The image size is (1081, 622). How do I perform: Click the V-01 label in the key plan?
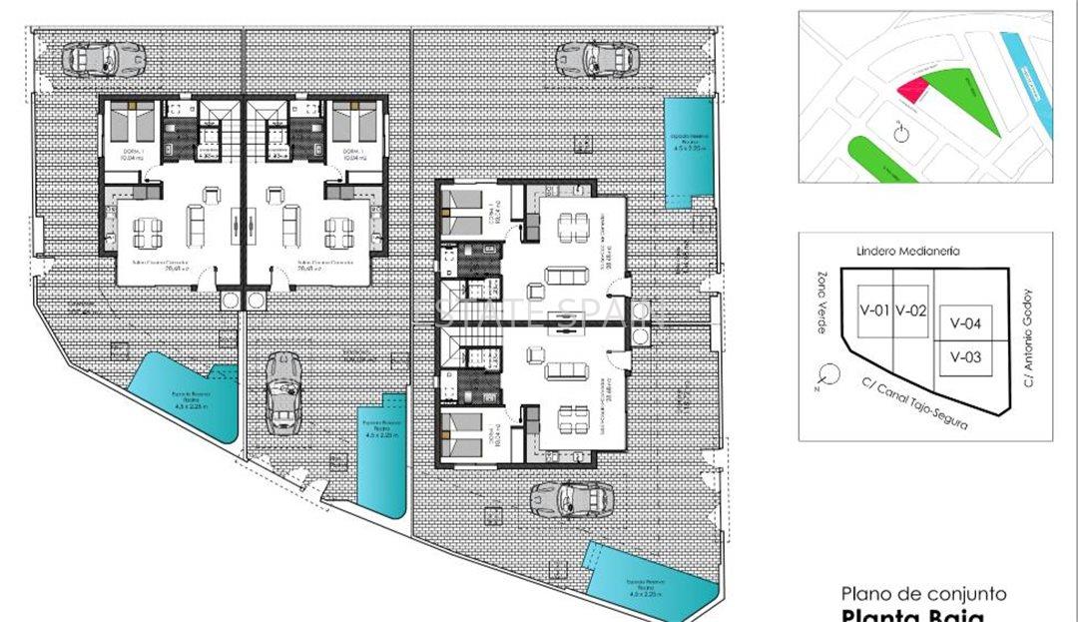pyautogui.click(x=874, y=310)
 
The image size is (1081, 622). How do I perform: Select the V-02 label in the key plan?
pyautogui.click(x=910, y=310)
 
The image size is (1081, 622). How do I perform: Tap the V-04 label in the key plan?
pyautogui.click(x=965, y=322)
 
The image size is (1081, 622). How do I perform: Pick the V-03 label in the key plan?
pyautogui.click(x=965, y=356)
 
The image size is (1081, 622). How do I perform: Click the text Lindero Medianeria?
pyautogui.click(x=907, y=252)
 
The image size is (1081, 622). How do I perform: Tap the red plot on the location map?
pyautogui.click(x=910, y=90)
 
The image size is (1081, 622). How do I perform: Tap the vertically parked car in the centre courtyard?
pyautogui.click(x=283, y=394)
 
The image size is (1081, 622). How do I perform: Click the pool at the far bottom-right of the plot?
pyautogui.click(x=649, y=577)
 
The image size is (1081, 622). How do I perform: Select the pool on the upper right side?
pyautogui.click(x=688, y=152)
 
